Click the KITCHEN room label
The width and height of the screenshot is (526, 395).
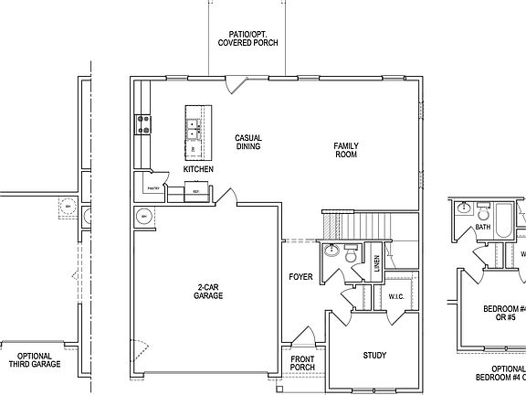click(198, 170)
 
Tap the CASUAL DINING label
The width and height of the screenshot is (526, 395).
click(248, 142)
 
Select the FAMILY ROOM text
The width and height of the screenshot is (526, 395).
click(345, 150)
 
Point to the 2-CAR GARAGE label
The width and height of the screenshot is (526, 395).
click(209, 292)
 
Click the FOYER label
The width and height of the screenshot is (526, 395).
click(300, 276)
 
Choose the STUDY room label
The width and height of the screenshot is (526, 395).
click(374, 356)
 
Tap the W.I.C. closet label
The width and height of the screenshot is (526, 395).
click(395, 295)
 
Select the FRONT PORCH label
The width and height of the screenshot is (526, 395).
click(302, 364)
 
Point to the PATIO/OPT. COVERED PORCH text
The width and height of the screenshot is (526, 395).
click(248, 38)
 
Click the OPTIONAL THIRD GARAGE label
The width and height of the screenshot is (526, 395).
click(35, 360)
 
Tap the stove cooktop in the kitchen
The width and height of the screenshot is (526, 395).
click(143, 123)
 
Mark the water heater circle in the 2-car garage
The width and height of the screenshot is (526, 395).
click(144, 217)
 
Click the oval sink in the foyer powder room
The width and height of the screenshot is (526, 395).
click(332, 251)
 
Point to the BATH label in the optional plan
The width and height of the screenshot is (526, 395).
click(483, 227)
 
